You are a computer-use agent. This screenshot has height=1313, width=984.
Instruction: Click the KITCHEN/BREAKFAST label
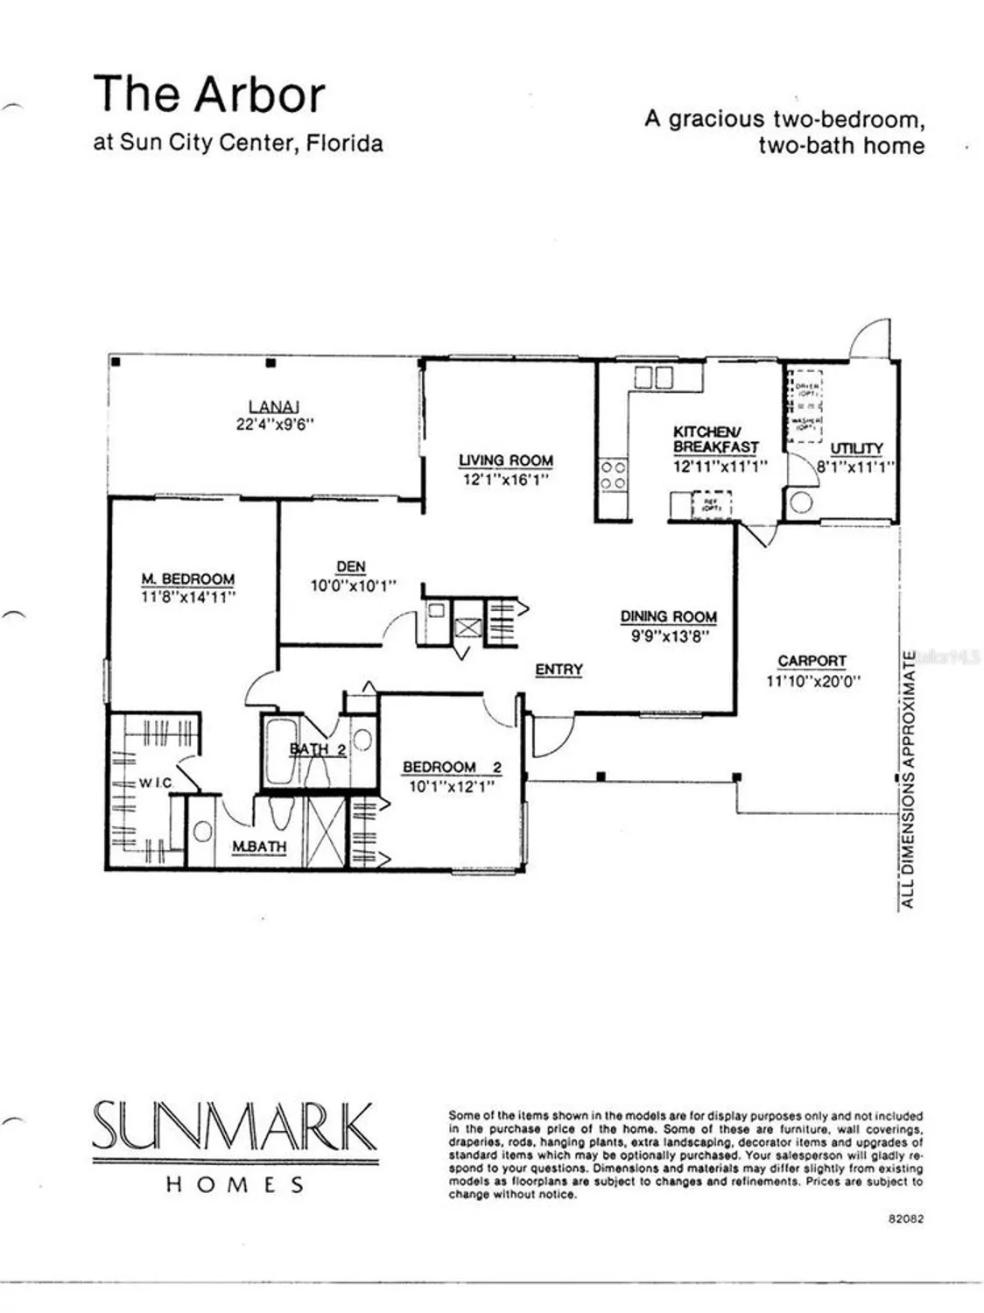[x=715, y=439]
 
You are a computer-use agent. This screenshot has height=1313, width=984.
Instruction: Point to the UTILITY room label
[x=856, y=449]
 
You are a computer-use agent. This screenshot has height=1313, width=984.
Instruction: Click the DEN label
[x=350, y=567]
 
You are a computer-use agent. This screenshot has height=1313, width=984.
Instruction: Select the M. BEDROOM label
[x=188, y=579]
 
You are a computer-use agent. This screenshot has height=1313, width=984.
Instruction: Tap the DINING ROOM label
[x=669, y=617]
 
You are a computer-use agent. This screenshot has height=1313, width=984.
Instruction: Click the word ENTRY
[x=559, y=670]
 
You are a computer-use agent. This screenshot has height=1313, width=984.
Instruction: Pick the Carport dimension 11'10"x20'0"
[x=813, y=679]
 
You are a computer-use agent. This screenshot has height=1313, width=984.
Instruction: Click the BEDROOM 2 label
[x=452, y=768]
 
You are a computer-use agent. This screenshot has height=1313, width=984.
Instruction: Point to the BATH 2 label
[x=317, y=748]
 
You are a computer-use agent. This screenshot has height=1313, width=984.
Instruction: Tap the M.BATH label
[x=258, y=846]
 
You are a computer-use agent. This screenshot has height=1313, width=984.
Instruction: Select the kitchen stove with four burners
[x=612, y=475]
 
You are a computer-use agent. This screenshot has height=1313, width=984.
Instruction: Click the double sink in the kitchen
[x=653, y=377]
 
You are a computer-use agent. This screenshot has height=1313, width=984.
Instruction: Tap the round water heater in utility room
[x=800, y=502]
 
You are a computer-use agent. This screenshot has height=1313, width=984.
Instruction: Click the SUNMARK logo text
[x=234, y=1128]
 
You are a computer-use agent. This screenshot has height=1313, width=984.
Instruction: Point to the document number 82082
[x=905, y=1218]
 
